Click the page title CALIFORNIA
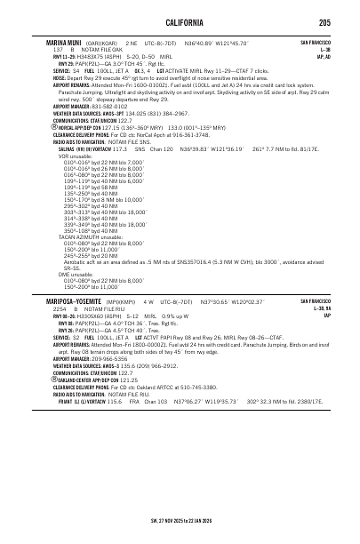pyautogui.click(x=180, y=21)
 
